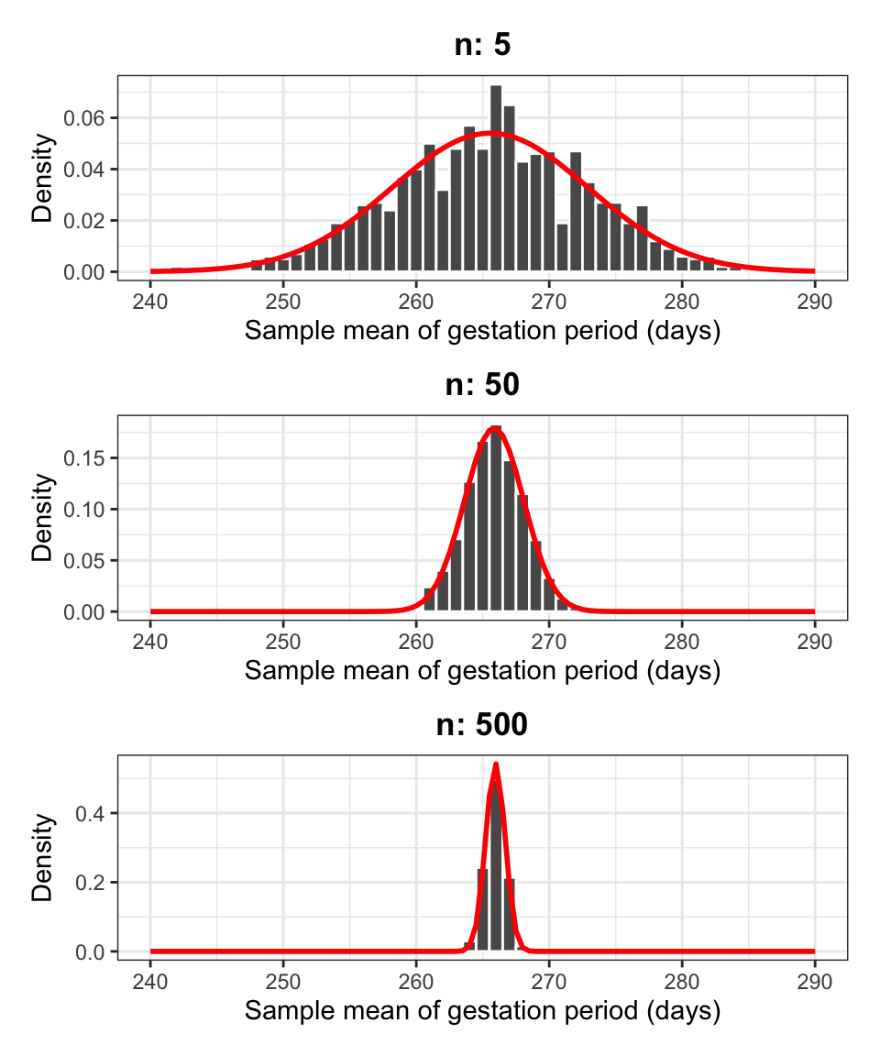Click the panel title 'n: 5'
coord(482,46)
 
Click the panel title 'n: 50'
coord(482,385)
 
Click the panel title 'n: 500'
coord(482,725)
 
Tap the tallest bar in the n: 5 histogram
coord(496,179)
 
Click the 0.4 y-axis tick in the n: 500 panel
coord(95,813)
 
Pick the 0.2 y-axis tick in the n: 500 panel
coord(95,883)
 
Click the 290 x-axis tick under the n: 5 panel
coord(815,300)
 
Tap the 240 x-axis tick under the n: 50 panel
coord(150,640)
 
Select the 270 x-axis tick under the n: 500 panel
coord(549,980)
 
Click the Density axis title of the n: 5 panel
coord(42,179)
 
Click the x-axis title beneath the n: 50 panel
coord(482,671)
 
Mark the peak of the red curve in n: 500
coord(496,764)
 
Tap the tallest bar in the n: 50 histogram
coord(496,519)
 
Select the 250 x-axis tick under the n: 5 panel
coord(283,300)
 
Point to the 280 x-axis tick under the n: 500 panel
coord(682,980)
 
